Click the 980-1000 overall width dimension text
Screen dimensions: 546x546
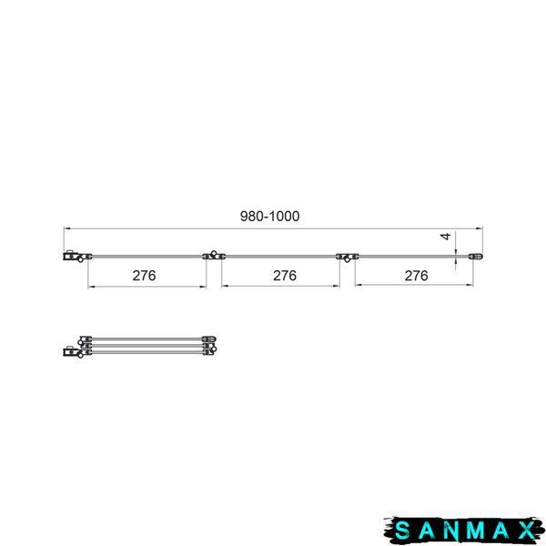[270, 217]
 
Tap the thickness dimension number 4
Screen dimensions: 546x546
[446, 237]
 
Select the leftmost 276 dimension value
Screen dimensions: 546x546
[144, 276]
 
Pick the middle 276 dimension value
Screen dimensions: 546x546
[285, 276]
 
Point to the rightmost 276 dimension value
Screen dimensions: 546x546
[417, 276]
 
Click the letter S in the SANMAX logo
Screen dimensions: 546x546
[402, 531]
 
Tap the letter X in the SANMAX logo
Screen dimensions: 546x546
[527, 531]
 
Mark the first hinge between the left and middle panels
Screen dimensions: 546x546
[214, 256]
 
